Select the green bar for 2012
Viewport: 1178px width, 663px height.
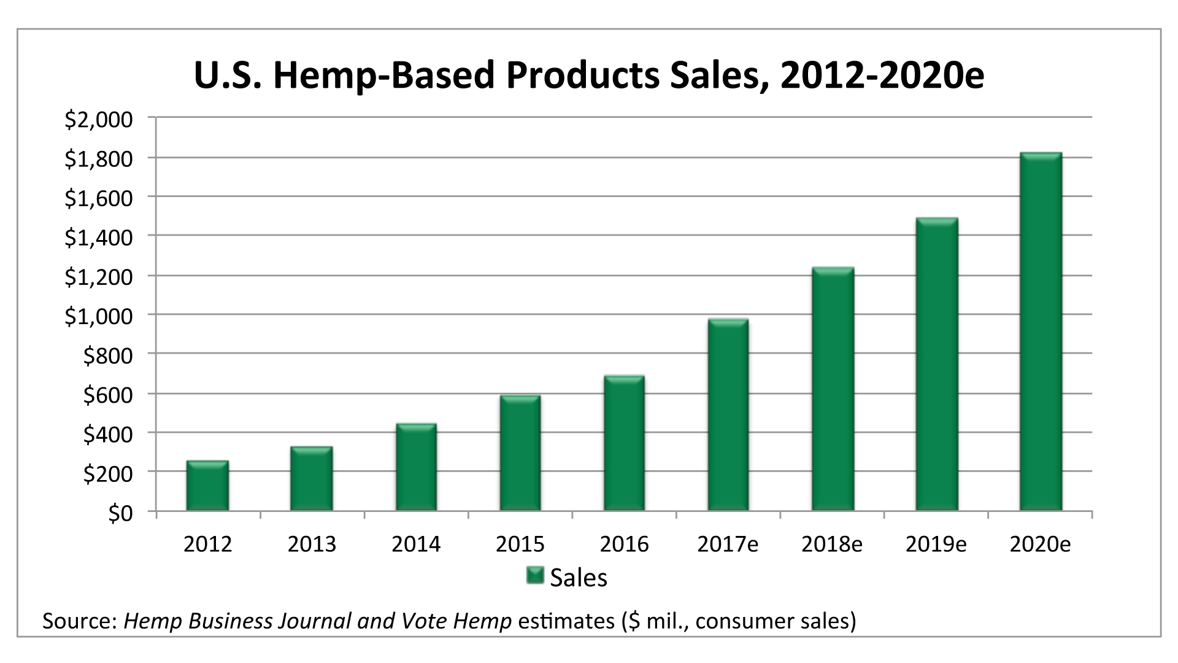207,486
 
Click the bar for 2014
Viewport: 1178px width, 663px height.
416,468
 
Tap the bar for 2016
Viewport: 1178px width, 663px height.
624,444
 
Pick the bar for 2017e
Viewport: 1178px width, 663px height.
728,416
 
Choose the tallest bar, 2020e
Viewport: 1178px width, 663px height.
1041,332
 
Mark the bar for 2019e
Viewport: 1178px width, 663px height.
936,365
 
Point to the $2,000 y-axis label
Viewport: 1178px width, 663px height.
98,120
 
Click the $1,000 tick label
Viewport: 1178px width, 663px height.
98,317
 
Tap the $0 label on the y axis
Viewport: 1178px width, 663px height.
120,514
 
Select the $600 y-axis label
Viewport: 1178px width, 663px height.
107,395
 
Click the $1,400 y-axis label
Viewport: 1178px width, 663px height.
98,238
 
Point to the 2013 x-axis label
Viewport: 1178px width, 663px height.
312,545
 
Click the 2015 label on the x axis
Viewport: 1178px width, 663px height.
520,545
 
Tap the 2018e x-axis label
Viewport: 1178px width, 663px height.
832,545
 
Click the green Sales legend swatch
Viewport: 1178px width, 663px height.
535,576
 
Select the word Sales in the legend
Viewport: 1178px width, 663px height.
578,578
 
